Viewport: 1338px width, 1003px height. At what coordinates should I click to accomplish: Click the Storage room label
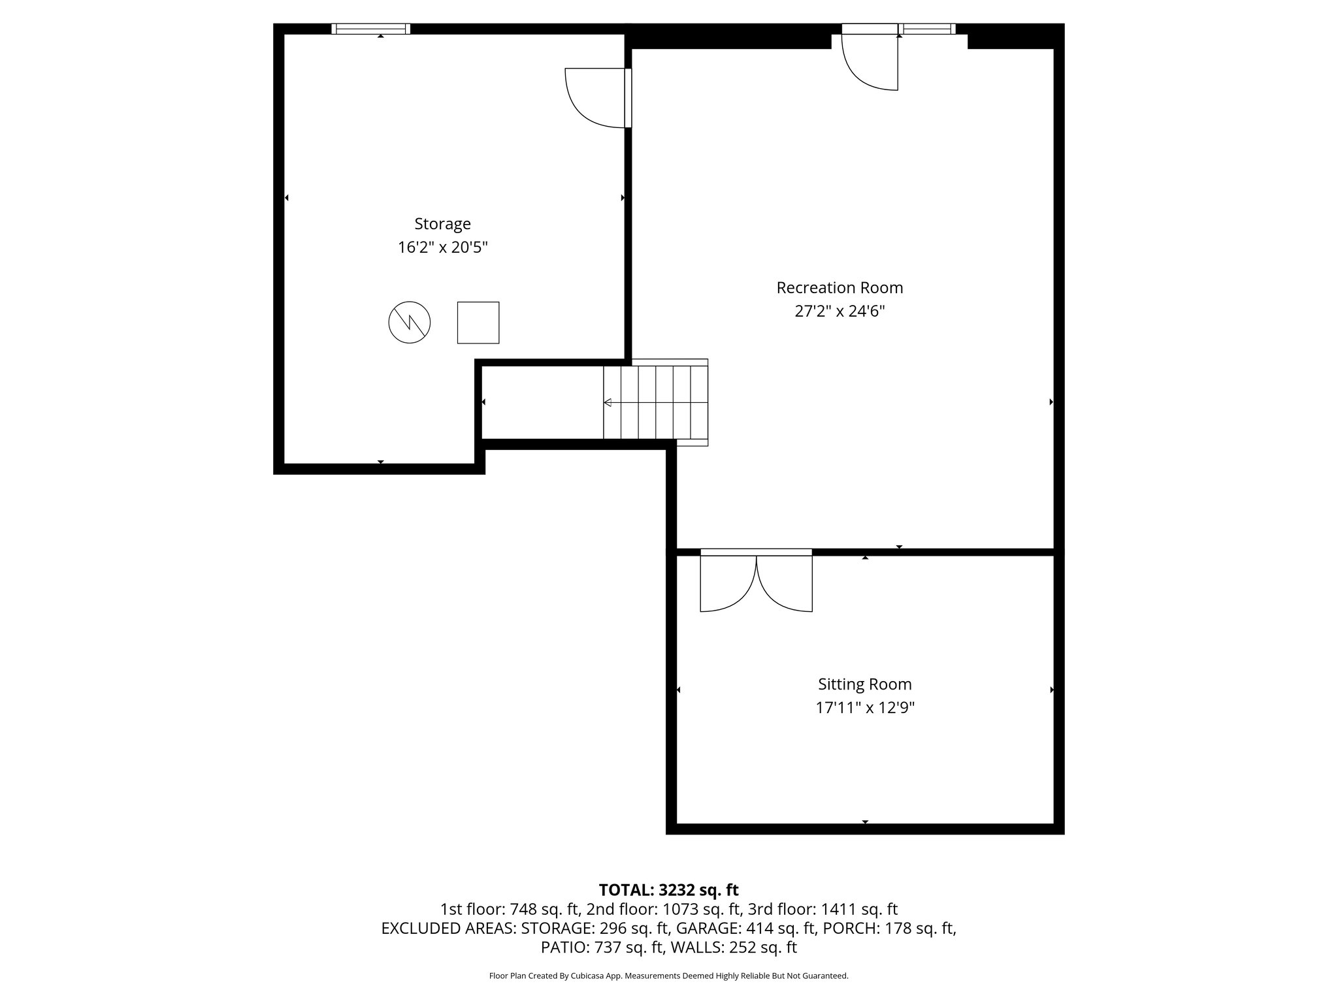(x=442, y=224)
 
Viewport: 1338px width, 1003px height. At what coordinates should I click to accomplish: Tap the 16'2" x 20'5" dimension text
(x=442, y=248)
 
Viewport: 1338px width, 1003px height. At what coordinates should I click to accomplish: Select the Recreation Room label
(x=839, y=288)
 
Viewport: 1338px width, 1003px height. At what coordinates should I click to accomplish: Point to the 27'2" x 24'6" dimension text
(x=839, y=311)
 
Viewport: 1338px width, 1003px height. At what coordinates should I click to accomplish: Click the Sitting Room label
(x=864, y=684)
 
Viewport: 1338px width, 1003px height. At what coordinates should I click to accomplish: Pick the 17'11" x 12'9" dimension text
(x=864, y=708)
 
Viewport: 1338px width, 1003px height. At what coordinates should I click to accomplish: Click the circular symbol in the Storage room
(x=410, y=323)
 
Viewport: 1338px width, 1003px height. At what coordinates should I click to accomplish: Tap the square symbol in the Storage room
(x=478, y=323)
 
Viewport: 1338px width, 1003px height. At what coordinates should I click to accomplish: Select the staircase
(x=655, y=402)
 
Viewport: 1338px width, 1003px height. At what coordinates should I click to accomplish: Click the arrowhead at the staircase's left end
(x=608, y=402)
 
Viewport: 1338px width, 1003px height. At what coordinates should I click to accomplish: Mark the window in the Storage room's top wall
(x=370, y=29)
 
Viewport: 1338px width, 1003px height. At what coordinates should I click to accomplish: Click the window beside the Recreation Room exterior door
(x=926, y=29)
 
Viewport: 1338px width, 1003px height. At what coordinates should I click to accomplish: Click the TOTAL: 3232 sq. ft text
(x=668, y=890)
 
